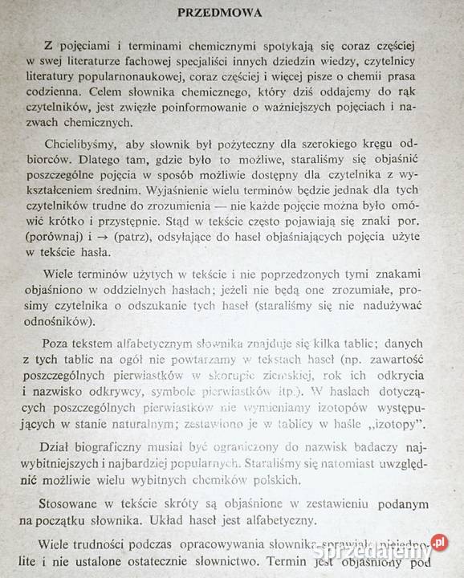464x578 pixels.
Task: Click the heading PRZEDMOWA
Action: tap(231, 14)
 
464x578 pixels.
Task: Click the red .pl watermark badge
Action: tap(440, 542)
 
